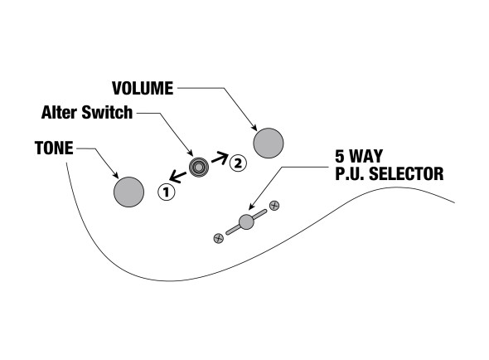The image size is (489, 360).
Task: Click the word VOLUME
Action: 143,89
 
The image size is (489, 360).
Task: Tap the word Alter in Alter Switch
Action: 59,113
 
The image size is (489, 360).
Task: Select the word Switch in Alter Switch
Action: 107,113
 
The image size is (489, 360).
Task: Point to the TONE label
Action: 54,148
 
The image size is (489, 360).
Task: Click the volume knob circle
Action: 269,143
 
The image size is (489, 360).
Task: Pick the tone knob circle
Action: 128,192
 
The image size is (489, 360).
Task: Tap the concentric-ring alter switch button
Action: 199,167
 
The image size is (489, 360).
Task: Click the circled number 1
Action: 167,192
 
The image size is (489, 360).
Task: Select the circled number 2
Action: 238,163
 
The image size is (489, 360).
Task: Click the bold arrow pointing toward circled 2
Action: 220,158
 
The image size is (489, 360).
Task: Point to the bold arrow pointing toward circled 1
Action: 177,177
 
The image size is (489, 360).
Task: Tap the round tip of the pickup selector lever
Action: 246,221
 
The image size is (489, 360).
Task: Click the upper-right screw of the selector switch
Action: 274,206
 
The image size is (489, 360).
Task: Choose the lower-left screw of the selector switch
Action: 219,238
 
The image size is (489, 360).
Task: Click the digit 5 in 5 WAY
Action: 339,156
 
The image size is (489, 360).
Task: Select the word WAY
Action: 366,156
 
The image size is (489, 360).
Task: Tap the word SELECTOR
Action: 406,173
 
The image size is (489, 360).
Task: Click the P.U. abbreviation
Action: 349,173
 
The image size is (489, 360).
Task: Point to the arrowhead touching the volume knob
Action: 254,128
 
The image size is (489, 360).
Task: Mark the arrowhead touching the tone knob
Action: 116,176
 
